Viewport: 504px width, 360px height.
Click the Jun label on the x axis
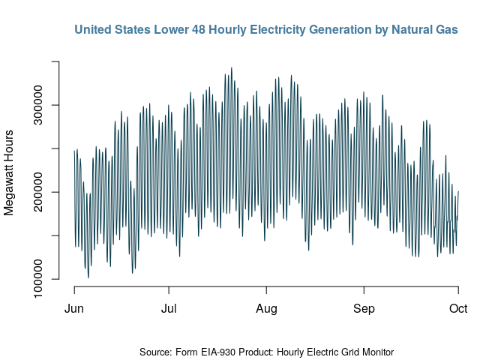point(74,308)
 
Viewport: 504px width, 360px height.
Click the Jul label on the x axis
point(169,308)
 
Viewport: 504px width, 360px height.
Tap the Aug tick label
point(266,308)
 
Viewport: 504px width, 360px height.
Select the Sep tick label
point(364,308)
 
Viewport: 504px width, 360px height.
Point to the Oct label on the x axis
point(457,308)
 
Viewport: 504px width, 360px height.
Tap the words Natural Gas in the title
point(425,30)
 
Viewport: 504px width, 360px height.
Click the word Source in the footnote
point(156,352)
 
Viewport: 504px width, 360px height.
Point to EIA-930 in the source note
point(223,352)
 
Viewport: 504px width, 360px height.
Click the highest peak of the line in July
point(231,67)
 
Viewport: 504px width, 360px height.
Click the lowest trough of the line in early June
point(88,277)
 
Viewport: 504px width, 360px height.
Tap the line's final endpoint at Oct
point(458,192)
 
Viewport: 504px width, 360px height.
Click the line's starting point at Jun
point(74,151)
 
